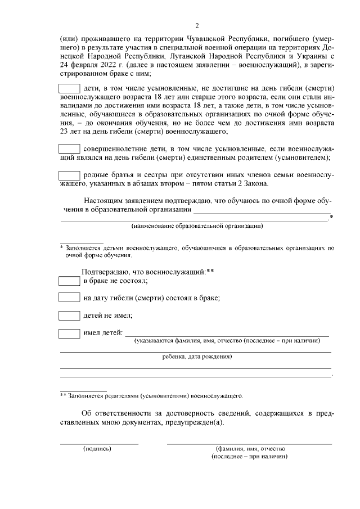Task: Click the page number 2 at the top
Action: [x=197, y=25]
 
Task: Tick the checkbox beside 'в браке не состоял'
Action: [x=70, y=280]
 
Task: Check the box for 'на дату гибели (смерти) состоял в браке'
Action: [x=70, y=298]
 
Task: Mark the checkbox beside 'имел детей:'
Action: [x=70, y=333]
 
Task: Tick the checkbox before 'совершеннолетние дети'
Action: [x=70, y=149]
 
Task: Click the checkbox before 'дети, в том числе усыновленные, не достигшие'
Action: [x=70, y=88]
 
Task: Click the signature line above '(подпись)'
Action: [x=99, y=444]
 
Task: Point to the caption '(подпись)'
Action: [x=97, y=449]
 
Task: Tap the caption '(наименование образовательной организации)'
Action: [x=197, y=226]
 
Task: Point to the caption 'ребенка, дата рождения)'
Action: [x=197, y=357]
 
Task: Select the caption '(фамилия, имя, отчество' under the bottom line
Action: [x=250, y=449]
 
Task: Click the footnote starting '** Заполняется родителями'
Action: [x=152, y=395]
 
